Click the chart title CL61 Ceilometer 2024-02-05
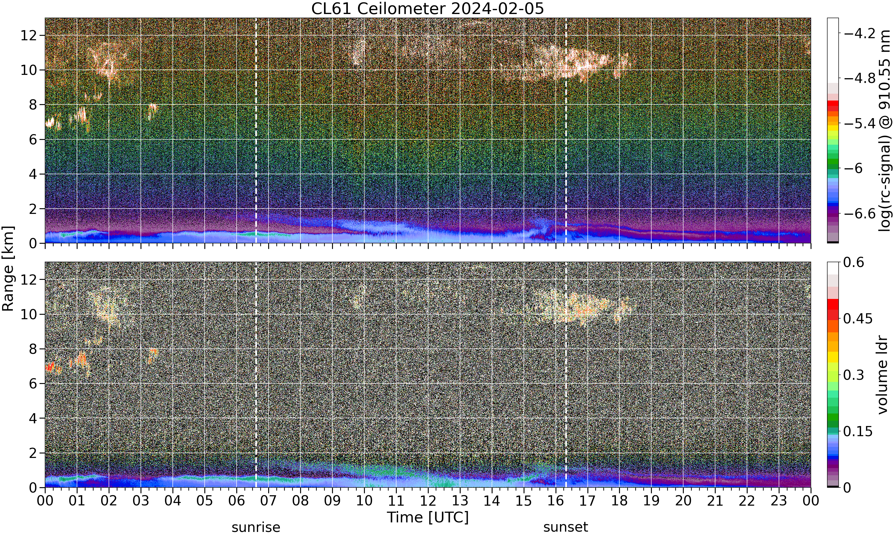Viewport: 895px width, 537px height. pyautogui.click(x=427, y=8)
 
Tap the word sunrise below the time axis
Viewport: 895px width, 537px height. pyautogui.click(x=256, y=527)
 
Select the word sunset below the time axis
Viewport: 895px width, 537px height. pyautogui.click(x=566, y=527)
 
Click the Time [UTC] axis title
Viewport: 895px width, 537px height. pyautogui.click(x=428, y=518)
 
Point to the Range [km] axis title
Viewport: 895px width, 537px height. pyautogui.click(x=8, y=268)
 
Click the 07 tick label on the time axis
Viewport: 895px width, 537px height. pyautogui.click(x=268, y=501)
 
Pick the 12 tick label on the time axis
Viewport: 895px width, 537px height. pyautogui.click(x=428, y=501)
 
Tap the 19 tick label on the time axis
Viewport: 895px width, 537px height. pyautogui.click(x=651, y=501)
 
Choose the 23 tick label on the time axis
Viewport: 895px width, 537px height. pyautogui.click(x=779, y=501)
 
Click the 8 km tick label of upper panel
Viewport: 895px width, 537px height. pyautogui.click(x=33, y=105)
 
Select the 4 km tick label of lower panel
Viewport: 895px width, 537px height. pyautogui.click(x=33, y=418)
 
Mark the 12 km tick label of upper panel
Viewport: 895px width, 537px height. pyautogui.click(x=29, y=36)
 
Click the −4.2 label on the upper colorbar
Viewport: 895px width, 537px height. pyautogui.click(x=859, y=33)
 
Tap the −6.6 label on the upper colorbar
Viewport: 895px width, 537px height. pyautogui.click(x=859, y=214)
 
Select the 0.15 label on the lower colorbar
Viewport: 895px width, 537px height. pyautogui.click(x=858, y=431)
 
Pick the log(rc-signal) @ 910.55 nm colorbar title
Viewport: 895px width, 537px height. pyautogui.click(x=885, y=131)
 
